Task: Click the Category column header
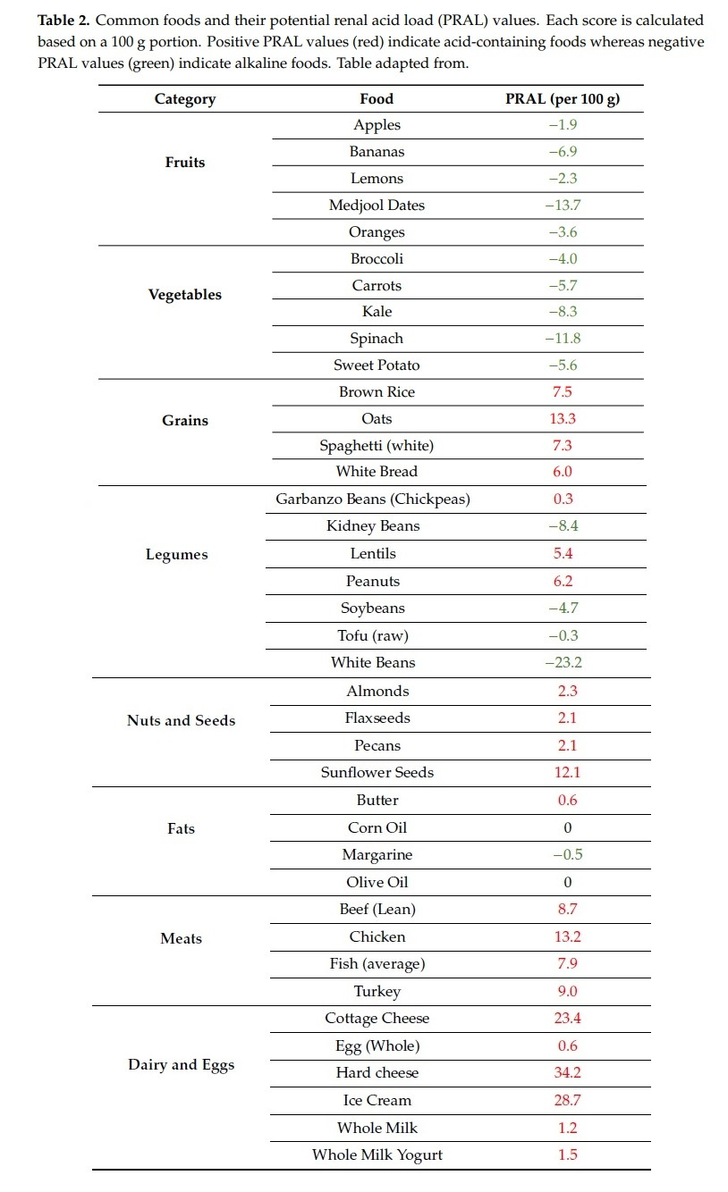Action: [185, 99]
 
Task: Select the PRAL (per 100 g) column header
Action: [563, 99]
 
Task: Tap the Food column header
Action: [377, 99]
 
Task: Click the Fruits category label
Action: [185, 163]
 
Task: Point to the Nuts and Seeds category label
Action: [182, 720]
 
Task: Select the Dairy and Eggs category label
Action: [182, 1065]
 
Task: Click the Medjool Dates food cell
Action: [377, 206]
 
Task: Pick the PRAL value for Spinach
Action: [563, 339]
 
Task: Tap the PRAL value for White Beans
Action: [563, 663]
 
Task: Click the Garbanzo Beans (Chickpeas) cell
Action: [373, 499]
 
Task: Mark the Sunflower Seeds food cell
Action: [377, 773]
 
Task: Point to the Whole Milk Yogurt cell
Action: [377, 1155]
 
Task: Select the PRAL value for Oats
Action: [563, 419]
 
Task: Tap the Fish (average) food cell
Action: [377, 964]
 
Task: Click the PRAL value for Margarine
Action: [565, 855]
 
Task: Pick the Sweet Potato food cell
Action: [377, 365]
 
